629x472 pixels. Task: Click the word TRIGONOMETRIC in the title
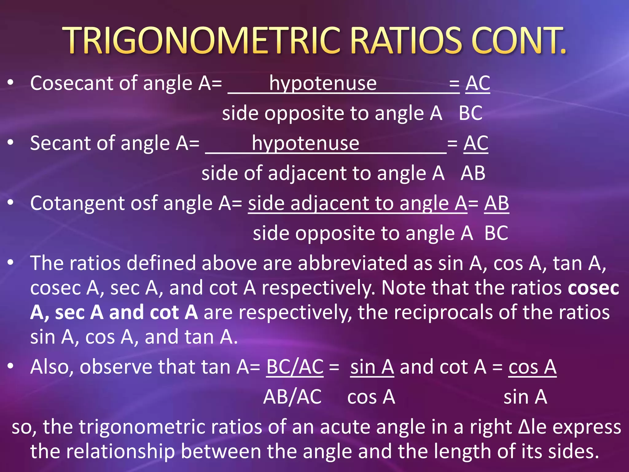click(201, 41)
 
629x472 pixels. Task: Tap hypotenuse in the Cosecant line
click(323, 83)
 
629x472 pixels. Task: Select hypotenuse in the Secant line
click(305, 143)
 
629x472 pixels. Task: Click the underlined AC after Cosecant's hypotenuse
click(478, 83)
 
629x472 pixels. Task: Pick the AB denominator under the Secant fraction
click(473, 173)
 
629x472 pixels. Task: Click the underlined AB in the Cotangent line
click(496, 203)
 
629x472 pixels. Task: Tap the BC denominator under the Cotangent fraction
click(496, 233)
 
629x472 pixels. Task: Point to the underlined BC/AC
click(295, 367)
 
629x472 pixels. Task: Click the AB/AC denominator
click(292, 397)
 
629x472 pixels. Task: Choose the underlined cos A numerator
click(532, 367)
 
